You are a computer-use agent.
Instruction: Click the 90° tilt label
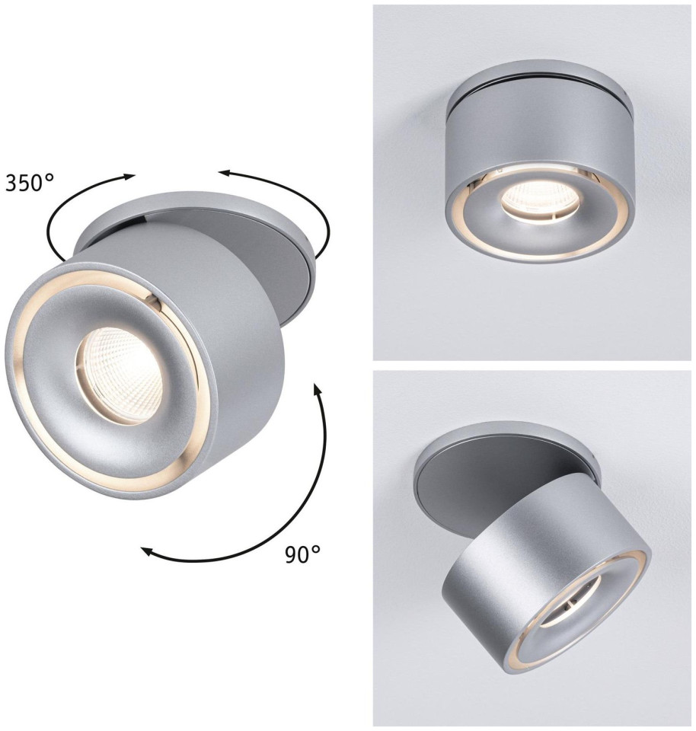pos(302,554)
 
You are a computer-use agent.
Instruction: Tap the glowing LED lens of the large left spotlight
pos(120,375)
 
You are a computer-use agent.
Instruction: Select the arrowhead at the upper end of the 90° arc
pos(318,389)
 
